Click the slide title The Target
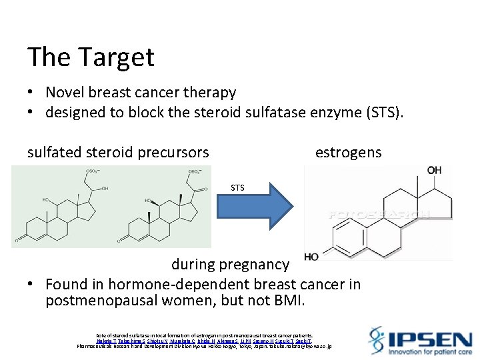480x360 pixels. [91, 57]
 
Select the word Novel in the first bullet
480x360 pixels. [66, 93]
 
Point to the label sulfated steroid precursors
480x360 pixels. [118, 153]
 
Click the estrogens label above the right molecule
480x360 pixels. [348, 153]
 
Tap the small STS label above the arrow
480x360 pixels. [238, 188]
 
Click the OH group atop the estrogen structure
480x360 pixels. [434, 171]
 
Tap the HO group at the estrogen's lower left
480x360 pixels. [311, 257]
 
